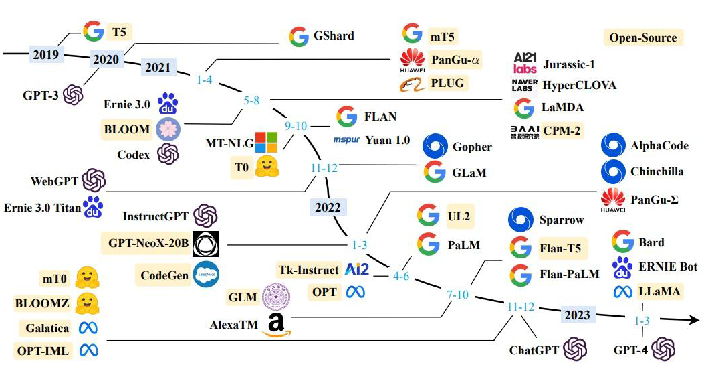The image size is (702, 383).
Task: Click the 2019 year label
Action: pyautogui.click(x=45, y=55)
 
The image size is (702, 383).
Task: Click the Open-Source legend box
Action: pyautogui.click(x=642, y=37)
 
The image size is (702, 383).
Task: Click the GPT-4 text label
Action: pyautogui.click(x=630, y=349)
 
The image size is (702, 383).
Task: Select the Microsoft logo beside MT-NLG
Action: pyautogui.click(x=266, y=142)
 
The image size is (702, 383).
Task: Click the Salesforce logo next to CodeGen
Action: pyautogui.click(x=205, y=274)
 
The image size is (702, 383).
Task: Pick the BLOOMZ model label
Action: pyautogui.click(x=42, y=303)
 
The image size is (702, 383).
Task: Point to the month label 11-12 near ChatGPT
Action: pyautogui.click(x=521, y=307)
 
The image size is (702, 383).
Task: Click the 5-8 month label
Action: pyautogui.click(x=251, y=101)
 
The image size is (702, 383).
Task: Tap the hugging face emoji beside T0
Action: pyautogui.click(x=267, y=167)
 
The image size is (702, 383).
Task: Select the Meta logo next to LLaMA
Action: pyautogui.click(x=622, y=291)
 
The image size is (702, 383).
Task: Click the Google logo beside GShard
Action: pyautogui.click(x=298, y=36)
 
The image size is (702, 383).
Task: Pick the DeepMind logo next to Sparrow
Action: pyautogui.click(x=520, y=220)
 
